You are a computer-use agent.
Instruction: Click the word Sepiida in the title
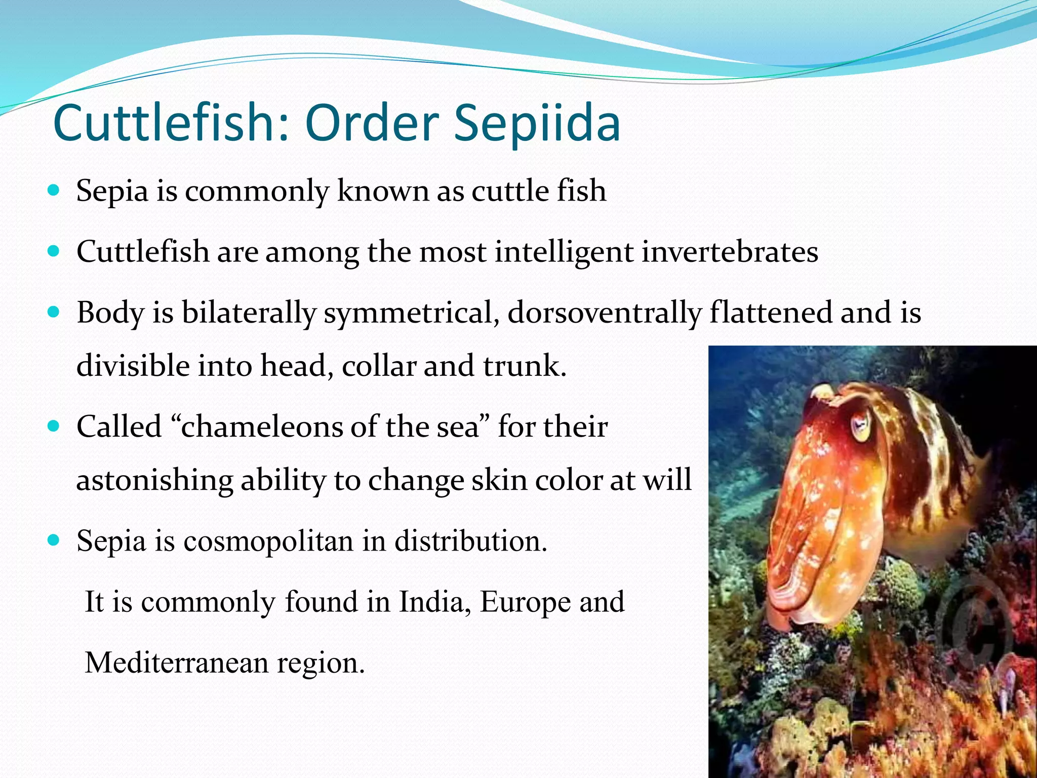537,123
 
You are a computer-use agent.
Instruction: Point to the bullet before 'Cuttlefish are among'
53,251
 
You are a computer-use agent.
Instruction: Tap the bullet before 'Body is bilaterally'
53,312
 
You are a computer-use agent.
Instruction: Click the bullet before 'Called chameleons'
53,426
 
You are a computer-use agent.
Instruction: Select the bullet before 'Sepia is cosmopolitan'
53,540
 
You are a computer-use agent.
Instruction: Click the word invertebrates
730,251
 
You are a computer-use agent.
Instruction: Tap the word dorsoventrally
605,313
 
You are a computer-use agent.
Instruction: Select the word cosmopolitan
268,541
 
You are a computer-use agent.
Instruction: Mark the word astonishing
154,481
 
